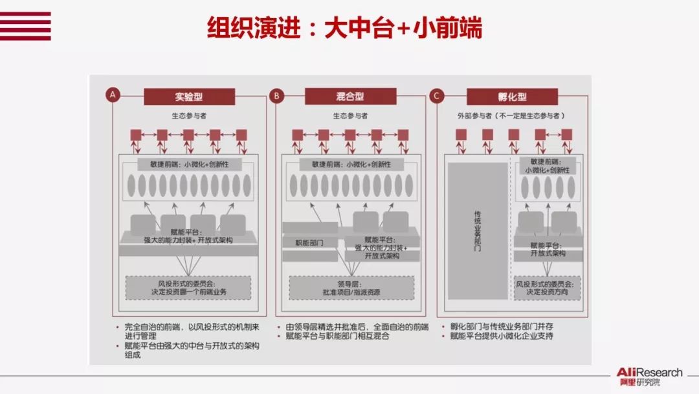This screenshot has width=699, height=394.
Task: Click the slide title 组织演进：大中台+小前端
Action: [x=344, y=28]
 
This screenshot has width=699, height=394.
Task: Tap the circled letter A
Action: [x=113, y=96]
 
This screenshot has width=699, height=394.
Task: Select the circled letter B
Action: [x=276, y=96]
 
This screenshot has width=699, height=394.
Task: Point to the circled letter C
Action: [x=437, y=96]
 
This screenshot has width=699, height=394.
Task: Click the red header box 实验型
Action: [x=188, y=97]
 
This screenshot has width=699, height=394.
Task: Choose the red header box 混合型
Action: [x=350, y=97]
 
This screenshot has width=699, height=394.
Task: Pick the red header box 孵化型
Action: [x=513, y=97]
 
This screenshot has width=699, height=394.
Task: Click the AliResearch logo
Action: [x=648, y=377]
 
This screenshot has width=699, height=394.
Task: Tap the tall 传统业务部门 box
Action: [x=478, y=230]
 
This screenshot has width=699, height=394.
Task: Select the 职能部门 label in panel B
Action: [x=309, y=242]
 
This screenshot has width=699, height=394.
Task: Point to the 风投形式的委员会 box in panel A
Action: [x=188, y=288]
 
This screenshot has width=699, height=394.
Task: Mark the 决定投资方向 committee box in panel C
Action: [x=547, y=288]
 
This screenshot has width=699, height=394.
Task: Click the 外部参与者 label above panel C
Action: [x=511, y=116]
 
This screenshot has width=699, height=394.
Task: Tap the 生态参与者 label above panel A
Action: [x=188, y=116]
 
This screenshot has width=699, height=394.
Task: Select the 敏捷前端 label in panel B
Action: [x=351, y=165]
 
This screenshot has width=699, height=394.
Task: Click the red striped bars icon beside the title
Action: [x=25, y=26]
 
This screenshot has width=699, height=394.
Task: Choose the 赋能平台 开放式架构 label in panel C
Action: [x=548, y=249]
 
